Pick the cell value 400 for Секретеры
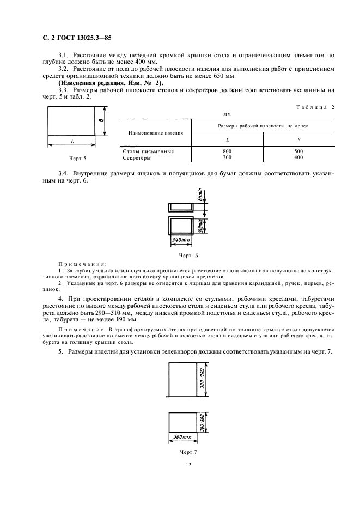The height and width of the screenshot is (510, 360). tap(298, 157)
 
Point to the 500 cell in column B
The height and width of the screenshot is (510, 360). tap(298, 151)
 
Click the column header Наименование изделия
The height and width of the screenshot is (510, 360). tap(155, 132)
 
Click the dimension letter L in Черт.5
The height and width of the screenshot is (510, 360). tap(72, 141)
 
